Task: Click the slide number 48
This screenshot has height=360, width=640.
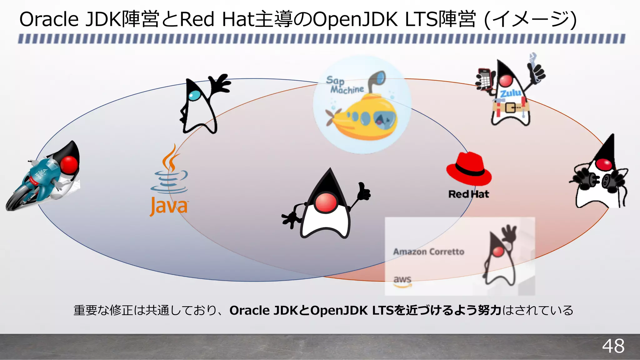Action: [613, 346]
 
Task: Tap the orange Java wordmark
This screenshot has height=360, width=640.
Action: [169, 206]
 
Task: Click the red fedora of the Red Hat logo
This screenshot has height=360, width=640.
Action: [468, 169]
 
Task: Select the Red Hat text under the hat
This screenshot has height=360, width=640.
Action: [468, 194]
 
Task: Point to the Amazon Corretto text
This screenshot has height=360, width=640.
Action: [428, 252]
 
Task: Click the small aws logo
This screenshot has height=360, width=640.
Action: [402, 281]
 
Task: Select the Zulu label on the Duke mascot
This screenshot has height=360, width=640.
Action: [510, 93]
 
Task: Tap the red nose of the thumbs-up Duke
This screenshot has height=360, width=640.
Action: [326, 202]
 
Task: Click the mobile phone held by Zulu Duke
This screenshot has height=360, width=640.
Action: [484, 78]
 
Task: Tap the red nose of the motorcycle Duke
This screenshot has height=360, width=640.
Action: [69, 164]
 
